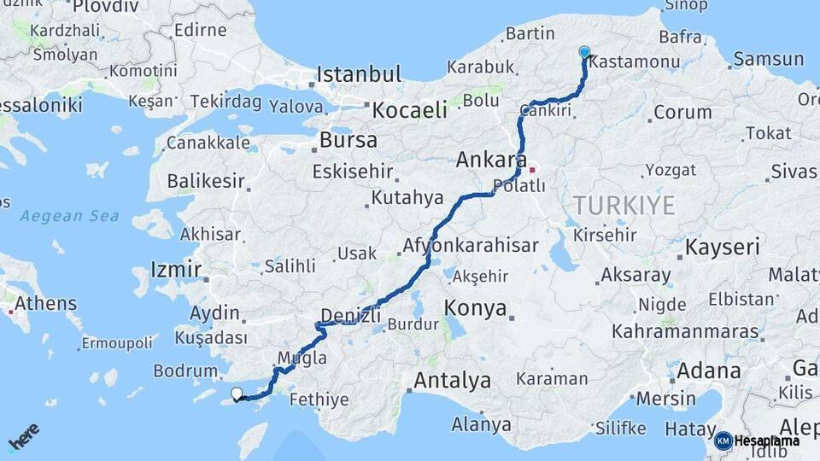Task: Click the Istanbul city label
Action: click(358, 74)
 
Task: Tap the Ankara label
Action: click(490, 160)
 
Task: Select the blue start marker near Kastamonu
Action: click(584, 52)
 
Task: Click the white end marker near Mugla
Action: click(237, 394)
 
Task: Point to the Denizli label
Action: click(350, 315)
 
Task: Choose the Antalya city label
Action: click(452, 380)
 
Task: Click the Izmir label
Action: click(175, 270)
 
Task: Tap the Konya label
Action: click(476, 308)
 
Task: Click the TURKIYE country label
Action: click(624, 205)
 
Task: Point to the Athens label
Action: click(45, 303)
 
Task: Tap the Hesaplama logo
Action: click(757, 441)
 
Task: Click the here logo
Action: click(23, 437)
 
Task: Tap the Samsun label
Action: click(768, 59)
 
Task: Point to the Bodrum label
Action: click(185, 371)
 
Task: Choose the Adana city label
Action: click(709, 371)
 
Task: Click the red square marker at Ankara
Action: click(532, 169)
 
